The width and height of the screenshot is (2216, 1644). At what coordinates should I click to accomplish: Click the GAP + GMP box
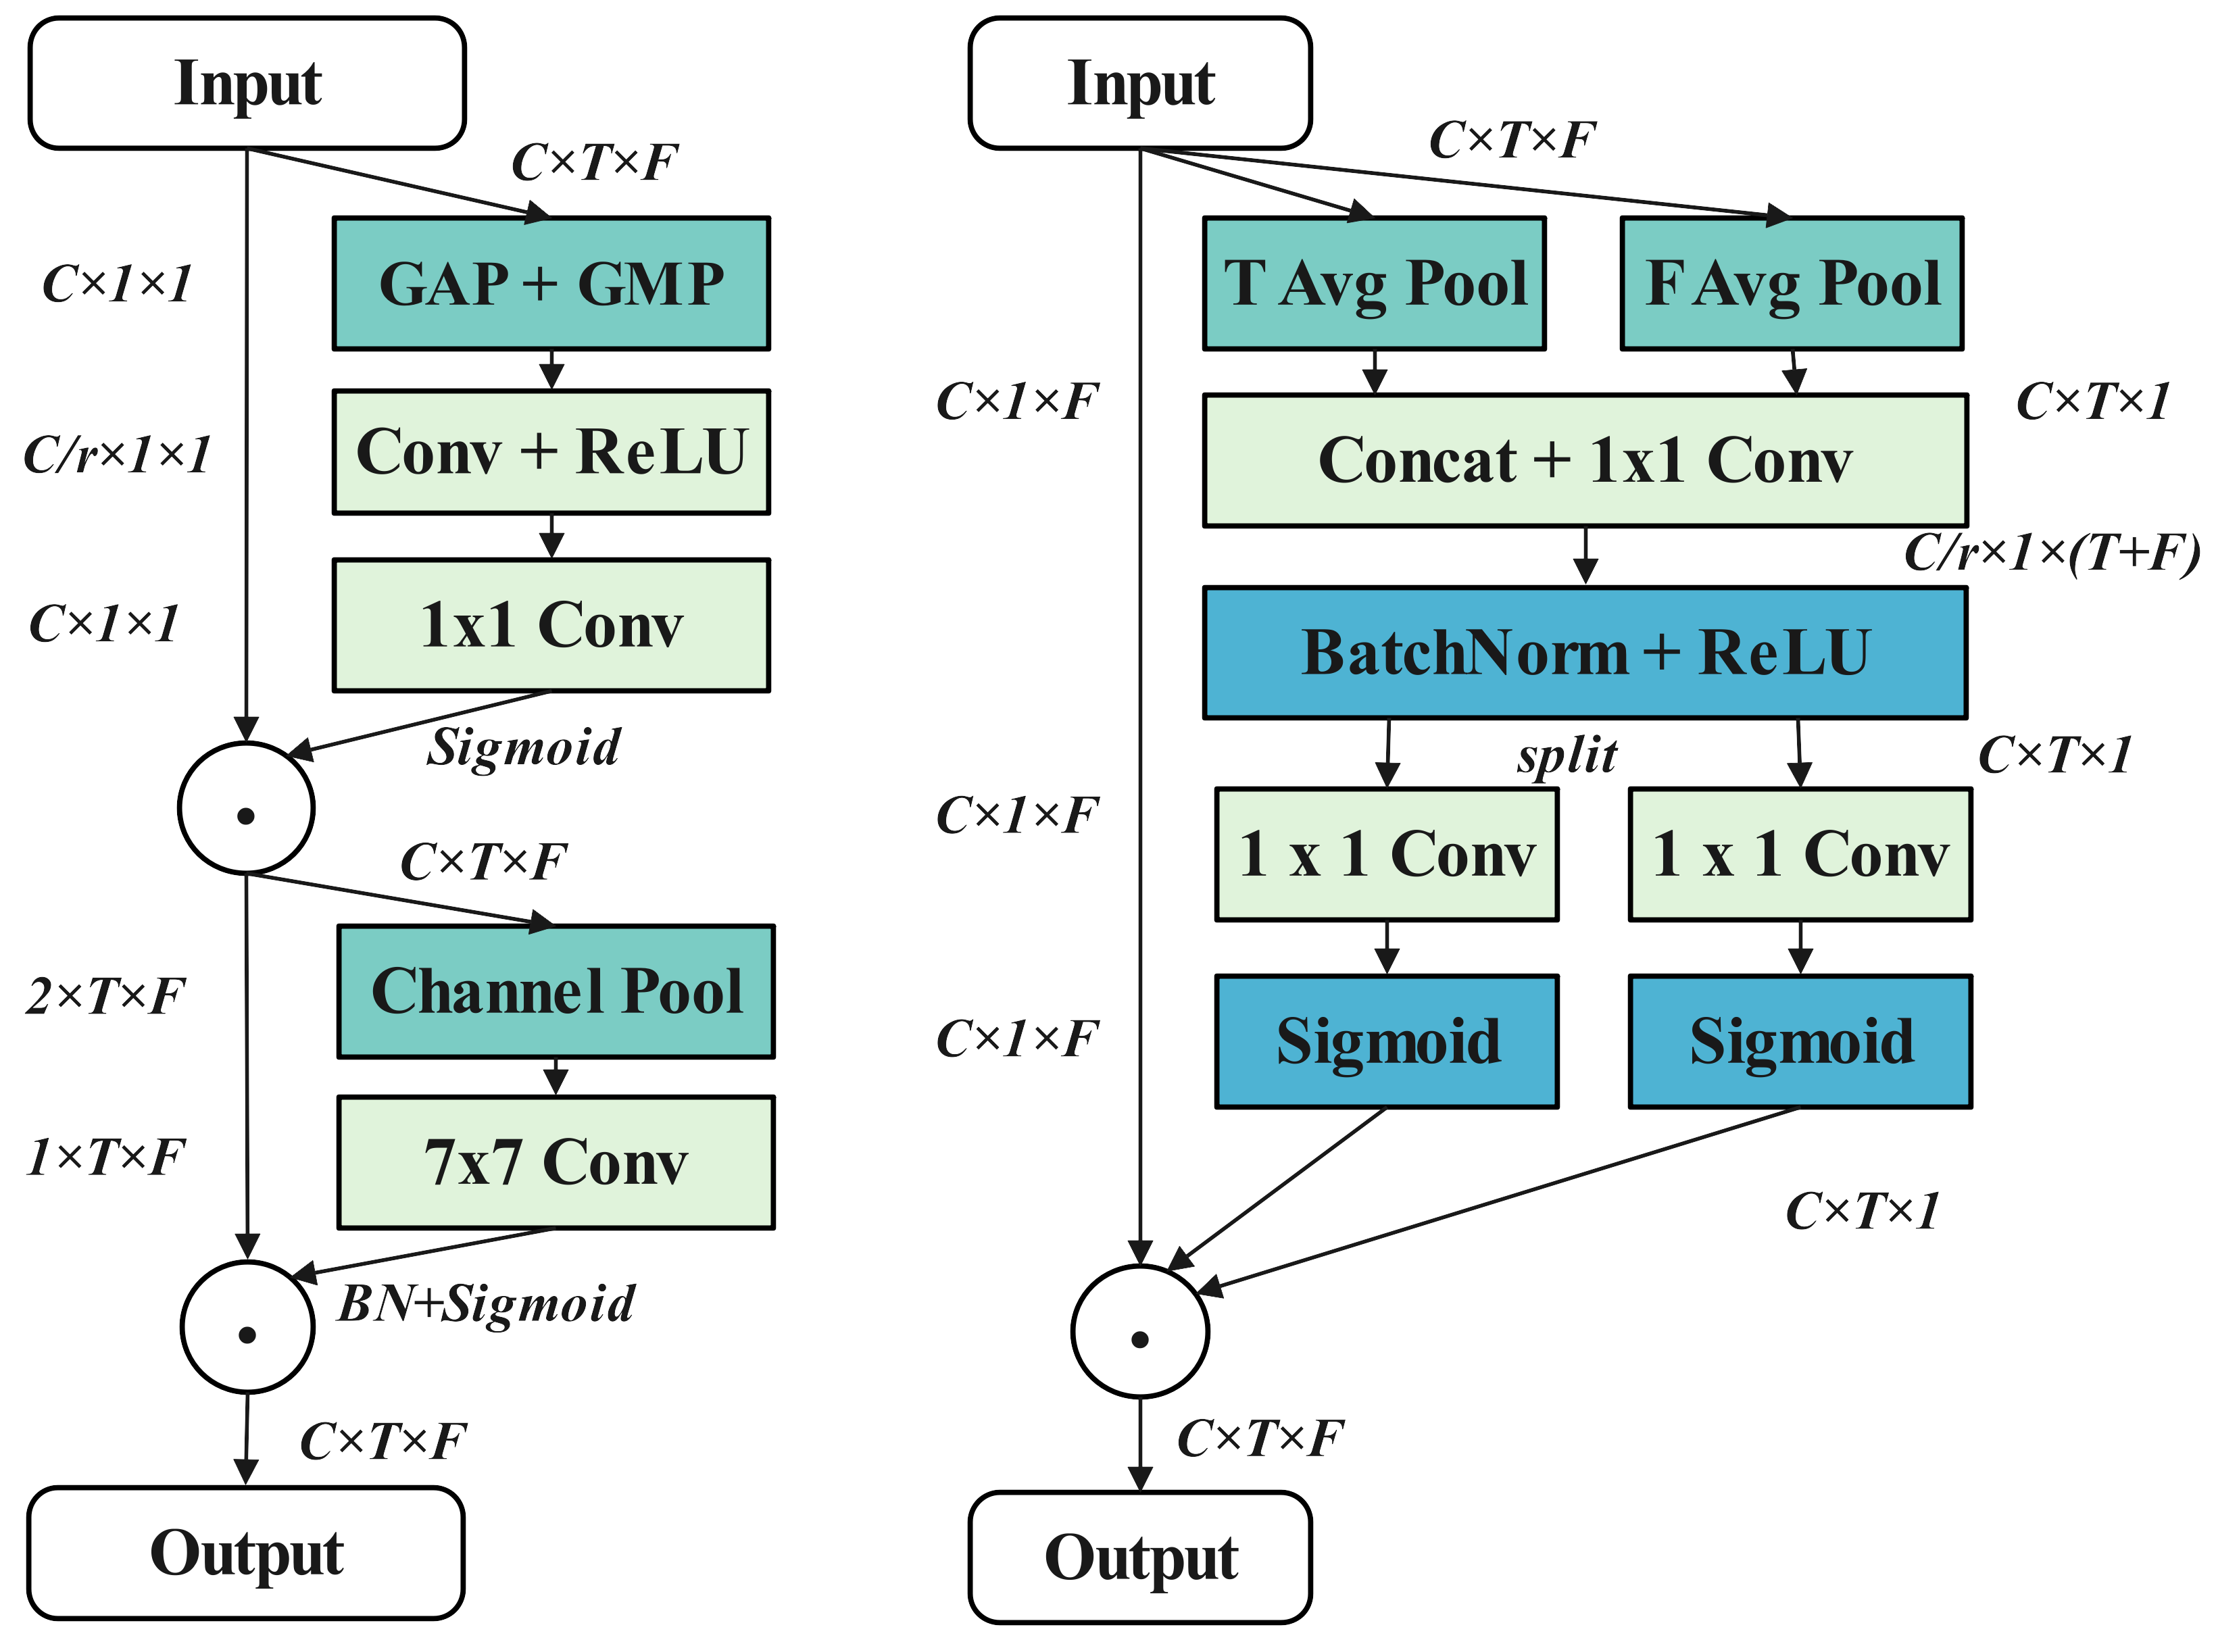pyautogui.click(x=551, y=284)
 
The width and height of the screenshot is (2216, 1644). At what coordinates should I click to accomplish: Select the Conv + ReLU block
pyautogui.click(x=551, y=452)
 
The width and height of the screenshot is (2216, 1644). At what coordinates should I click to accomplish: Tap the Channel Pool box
pyautogui.click(x=556, y=991)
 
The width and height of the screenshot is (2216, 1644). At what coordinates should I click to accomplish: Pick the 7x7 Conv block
pyautogui.click(x=556, y=1162)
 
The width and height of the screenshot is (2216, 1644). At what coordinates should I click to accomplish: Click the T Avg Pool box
pyautogui.click(x=1374, y=284)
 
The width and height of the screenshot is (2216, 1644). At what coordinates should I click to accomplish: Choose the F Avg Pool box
pyautogui.click(x=1792, y=284)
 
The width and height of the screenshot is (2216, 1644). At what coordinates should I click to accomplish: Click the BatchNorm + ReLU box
pyautogui.click(x=1585, y=653)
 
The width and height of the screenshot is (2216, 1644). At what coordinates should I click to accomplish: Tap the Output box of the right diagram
pyautogui.click(x=1140, y=1558)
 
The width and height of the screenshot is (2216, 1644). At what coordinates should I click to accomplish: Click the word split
pyautogui.click(x=1567, y=756)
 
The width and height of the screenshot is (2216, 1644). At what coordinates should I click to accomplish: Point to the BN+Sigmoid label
pyautogui.click(x=487, y=1303)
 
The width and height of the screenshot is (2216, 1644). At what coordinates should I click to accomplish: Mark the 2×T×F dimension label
pyautogui.click(x=105, y=995)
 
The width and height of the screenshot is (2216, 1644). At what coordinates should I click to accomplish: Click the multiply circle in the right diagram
pyautogui.click(x=1140, y=1332)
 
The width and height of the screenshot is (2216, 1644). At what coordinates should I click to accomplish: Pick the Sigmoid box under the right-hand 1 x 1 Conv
pyautogui.click(x=1800, y=1041)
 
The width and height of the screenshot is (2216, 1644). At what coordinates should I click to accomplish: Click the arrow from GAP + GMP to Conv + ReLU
pyautogui.click(x=551, y=370)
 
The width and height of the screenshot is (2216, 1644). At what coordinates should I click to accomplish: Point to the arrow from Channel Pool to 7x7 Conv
pyautogui.click(x=556, y=1078)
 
